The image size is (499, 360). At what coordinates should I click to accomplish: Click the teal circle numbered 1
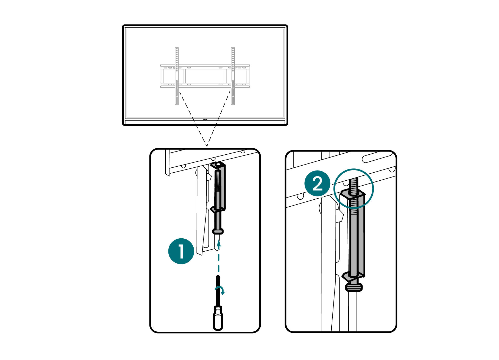[x=181, y=251]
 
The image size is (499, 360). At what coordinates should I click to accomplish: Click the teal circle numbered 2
[x=317, y=183]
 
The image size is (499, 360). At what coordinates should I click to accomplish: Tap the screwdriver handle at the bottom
[x=218, y=321]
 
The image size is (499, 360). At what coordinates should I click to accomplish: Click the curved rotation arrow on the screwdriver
[x=220, y=290]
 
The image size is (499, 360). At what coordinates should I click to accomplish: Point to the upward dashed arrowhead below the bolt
[x=219, y=243]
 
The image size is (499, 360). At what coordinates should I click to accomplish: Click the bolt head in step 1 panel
[x=218, y=231]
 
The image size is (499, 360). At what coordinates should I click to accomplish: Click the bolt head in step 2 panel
[x=354, y=287]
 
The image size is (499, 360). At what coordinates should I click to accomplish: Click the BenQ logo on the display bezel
[x=205, y=120]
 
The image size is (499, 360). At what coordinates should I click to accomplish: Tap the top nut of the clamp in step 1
[x=218, y=165]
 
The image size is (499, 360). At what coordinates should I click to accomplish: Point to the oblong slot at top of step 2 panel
[x=377, y=157]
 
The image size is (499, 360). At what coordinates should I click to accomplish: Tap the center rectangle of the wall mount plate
[x=205, y=76]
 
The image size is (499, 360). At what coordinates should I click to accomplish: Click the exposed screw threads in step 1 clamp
[x=218, y=182]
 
